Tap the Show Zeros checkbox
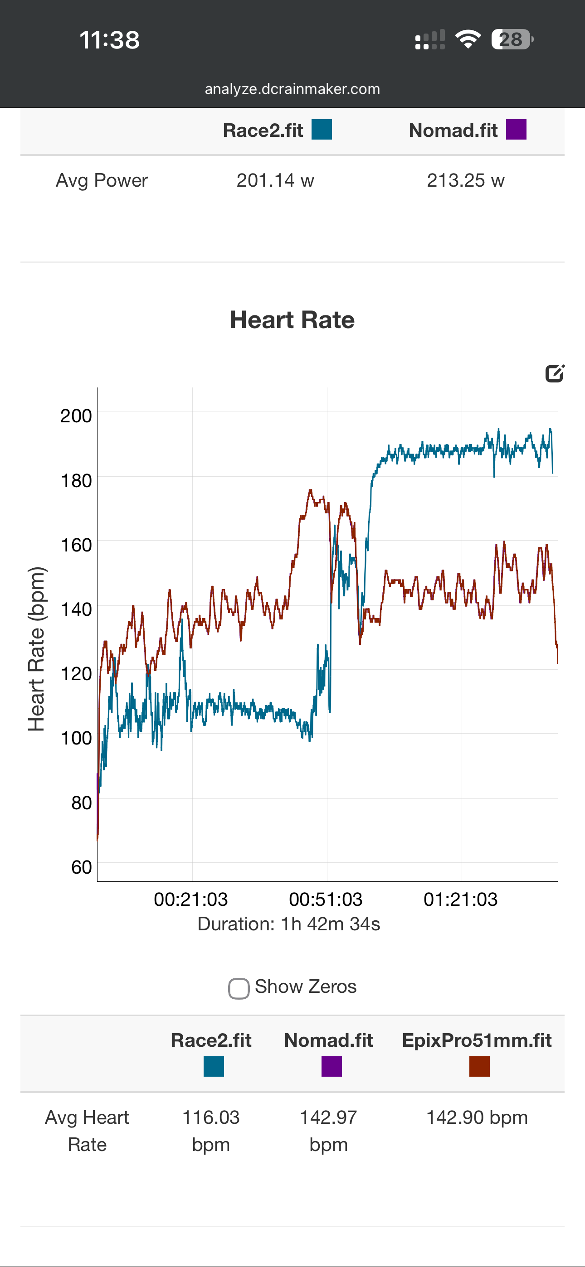tap(239, 988)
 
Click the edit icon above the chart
tap(555, 373)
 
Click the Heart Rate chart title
tap(292, 320)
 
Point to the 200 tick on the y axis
tap(76, 416)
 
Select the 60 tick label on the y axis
tap(81, 867)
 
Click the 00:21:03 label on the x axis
tap(190, 899)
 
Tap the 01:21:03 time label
tap(460, 899)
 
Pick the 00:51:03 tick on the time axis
tap(326, 899)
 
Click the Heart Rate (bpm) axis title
tap(36, 649)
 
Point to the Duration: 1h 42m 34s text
tap(288, 924)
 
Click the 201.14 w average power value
tap(275, 180)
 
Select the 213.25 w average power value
tap(465, 180)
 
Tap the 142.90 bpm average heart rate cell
tap(477, 1117)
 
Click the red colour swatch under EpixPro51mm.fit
tap(479, 1066)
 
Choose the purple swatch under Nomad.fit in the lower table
tap(331, 1066)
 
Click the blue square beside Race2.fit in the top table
tap(322, 130)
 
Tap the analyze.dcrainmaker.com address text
tap(292, 89)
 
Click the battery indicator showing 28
tap(512, 39)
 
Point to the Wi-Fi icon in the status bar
tap(468, 39)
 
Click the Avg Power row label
tap(102, 180)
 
